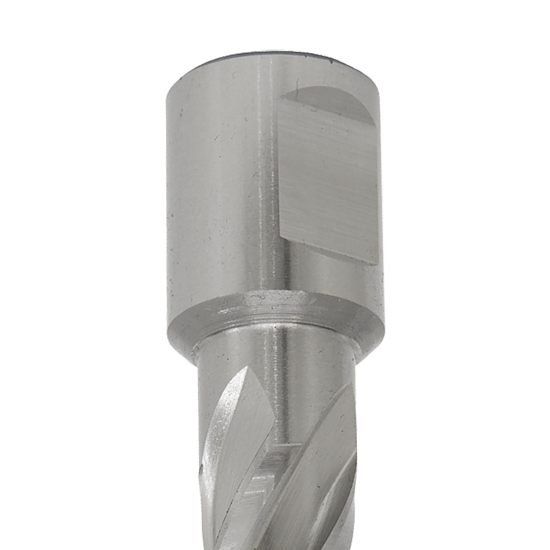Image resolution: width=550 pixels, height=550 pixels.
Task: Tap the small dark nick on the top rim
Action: pos(331,63)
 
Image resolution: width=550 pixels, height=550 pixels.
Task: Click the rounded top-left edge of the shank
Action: pos(174,86)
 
